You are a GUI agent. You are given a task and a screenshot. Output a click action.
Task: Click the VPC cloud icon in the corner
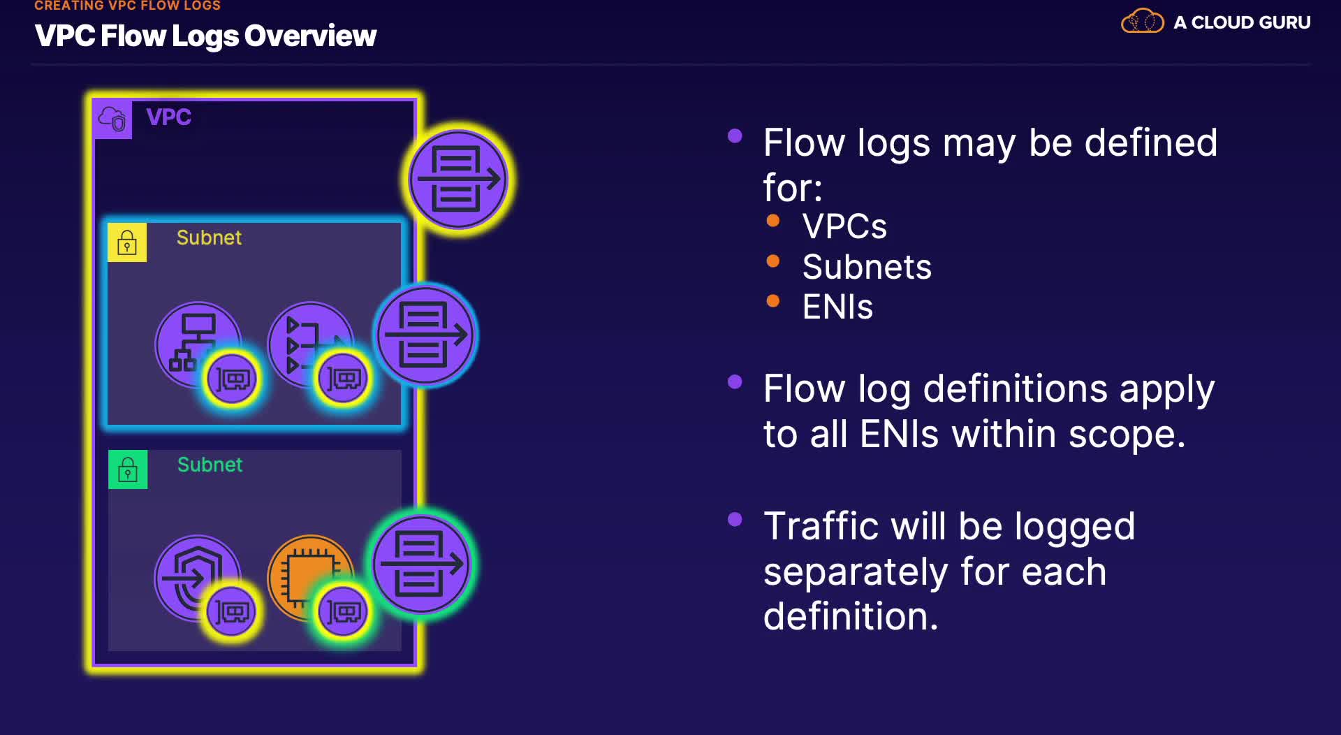click(x=112, y=119)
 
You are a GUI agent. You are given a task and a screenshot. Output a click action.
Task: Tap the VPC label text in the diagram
click(x=168, y=117)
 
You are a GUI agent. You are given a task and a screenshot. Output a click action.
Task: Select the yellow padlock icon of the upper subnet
click(x=127, y=242)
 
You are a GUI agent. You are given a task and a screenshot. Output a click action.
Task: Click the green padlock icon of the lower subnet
click(x=128, y=470)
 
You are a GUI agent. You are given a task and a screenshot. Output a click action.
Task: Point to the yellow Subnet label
click(x=209, y=238)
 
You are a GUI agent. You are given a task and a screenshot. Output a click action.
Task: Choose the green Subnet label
click(x=210, y=465)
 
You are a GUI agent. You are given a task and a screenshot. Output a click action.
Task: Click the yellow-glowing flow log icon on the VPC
click(x=458, y=180)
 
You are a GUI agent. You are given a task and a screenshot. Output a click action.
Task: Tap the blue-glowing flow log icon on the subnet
click(x=425, y=335)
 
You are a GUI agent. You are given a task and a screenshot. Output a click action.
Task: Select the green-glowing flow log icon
click(x=421, y=564)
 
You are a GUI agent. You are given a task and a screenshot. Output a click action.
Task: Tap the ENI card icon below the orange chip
click(x=343, y=612)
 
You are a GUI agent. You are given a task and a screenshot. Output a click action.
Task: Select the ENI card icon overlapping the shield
click(x=232, y=612)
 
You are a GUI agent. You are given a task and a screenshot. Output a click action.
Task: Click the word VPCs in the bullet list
click(x=844, y=226)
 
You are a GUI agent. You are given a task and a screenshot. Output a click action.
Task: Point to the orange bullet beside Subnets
click(x=772, y=261)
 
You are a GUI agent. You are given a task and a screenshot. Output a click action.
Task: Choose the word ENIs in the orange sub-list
click(x=837, y=307)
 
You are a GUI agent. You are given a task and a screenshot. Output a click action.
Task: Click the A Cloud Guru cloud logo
click(x=1142, y=22)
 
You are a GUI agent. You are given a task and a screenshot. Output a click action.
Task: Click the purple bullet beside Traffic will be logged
click(x=735, y=519)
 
